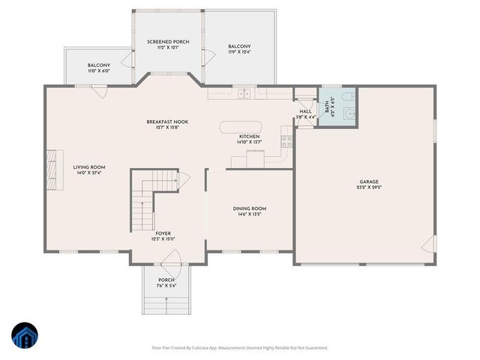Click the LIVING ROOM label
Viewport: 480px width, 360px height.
coord(88,167)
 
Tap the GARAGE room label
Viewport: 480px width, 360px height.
coord(368,181)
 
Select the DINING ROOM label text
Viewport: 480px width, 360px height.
coord(249,208)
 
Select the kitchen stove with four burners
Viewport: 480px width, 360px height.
coord(286,140)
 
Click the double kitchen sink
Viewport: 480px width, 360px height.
coord(244,94)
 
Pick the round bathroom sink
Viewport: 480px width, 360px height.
coord(346,115)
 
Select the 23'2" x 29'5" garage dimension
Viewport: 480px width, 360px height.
coord(368,188)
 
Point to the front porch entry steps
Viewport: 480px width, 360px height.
coord(164,304)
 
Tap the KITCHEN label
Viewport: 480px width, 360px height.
coord(249,136)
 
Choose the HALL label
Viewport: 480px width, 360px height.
coord(305,111)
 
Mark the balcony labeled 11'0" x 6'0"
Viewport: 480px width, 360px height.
coord(98,68)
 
